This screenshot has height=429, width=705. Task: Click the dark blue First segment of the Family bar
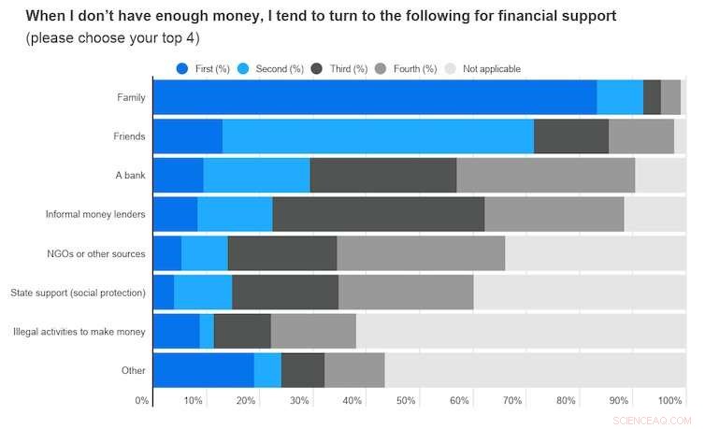pos(374,97)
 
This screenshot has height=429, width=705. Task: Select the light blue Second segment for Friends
pos(378,136)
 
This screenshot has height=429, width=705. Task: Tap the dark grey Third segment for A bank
pos(382,176)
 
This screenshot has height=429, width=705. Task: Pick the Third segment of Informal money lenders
pos(378,214)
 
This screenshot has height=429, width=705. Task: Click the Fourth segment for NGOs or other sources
pos(421,253)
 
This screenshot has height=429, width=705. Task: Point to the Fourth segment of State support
pos(406,293)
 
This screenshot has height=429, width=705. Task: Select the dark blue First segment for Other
pos(203,370)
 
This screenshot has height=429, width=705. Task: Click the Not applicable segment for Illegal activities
pos(521,331)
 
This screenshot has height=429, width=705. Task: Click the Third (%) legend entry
pos(341,68)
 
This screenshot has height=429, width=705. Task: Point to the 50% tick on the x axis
pos(406,401)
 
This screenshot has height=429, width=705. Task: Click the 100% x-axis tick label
pos(670,401)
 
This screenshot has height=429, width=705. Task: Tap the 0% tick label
pos(142,401)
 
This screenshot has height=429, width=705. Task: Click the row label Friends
pos(129,136)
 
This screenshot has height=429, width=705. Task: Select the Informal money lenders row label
pos(95,214)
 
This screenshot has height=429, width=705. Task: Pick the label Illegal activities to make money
pos(79,331)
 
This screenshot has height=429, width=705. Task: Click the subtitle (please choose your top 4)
pos(112,38)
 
